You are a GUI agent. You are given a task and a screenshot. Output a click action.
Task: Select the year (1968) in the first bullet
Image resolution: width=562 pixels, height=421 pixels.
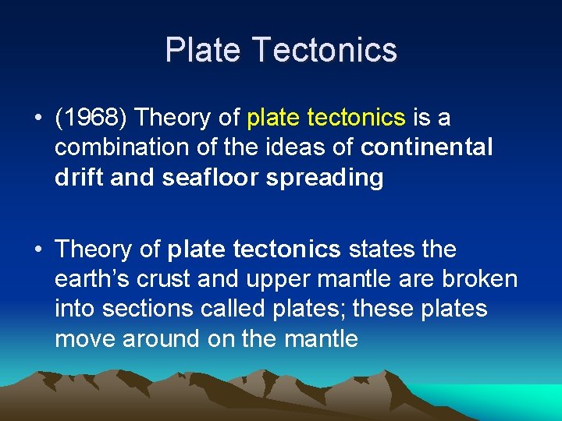91,119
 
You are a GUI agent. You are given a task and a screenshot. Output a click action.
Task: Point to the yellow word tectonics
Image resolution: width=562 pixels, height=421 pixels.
357,119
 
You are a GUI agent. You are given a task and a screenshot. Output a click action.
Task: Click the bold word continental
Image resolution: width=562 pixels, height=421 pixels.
427,148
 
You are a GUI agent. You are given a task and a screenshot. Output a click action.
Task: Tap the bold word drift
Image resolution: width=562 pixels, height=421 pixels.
80,178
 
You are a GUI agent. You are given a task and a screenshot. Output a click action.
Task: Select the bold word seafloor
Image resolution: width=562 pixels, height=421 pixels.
211,178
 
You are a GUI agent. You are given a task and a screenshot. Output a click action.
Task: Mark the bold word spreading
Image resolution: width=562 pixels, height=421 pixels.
325,179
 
